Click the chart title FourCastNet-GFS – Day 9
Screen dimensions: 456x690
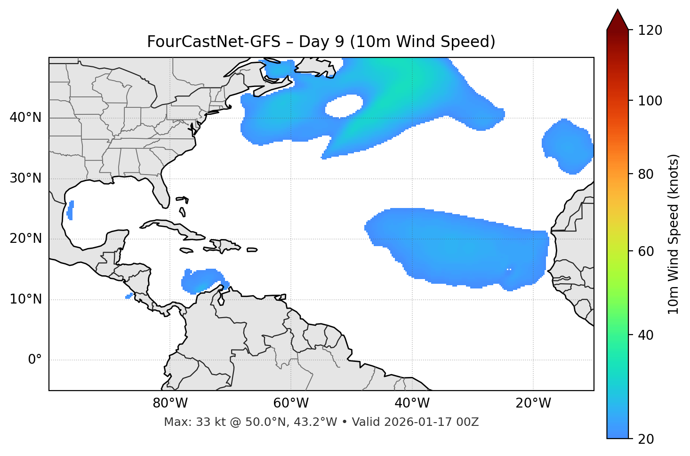point(321,42)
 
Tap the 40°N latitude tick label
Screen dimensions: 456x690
point(25,117)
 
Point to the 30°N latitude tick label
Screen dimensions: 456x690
point(25,178)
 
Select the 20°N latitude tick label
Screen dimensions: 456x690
point(25,239)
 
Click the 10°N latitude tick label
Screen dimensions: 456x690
point(25,299)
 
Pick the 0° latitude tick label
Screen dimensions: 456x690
point(35,360)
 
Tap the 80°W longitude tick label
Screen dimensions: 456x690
point(170,403)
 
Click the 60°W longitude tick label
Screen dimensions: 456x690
point(291,403)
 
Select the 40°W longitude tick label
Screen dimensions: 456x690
point(412,403)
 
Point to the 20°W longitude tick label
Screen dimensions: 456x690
point(533,403)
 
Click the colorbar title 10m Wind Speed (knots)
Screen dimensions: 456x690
point(674,234)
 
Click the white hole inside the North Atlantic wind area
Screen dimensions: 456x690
point(344,105)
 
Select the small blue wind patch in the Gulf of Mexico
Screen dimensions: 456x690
point(70,210)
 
